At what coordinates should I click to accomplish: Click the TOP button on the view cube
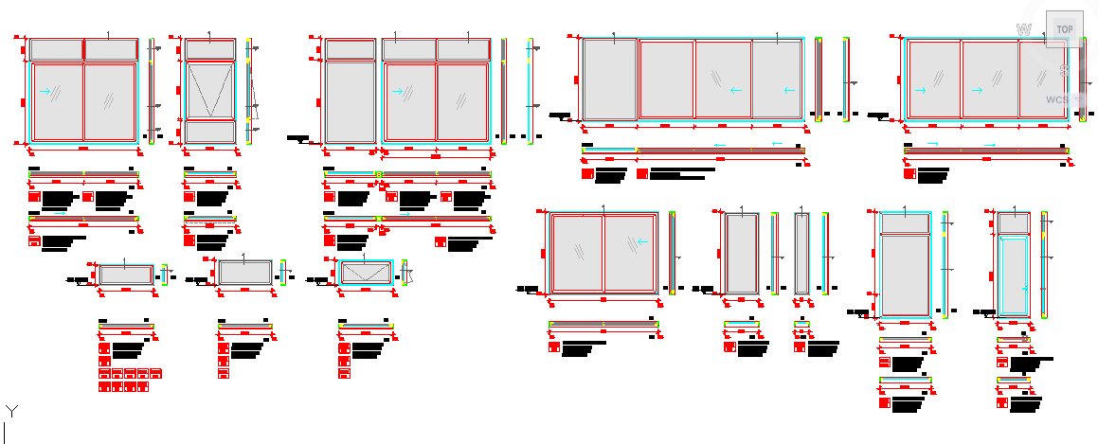[x=1065, y=29]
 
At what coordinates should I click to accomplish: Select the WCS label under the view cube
[x=1057, y=99]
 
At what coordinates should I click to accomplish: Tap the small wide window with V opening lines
[x=366, y=273]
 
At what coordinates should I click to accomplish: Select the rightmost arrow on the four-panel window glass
[x=788, y=91]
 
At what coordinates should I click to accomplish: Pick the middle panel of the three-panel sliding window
[x=990, y=80]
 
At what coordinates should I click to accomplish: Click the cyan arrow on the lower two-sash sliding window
[x=642, y=241]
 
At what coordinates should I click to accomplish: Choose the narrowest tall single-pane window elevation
[x=802, y=253]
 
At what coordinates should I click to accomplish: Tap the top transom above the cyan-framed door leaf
[x=1015, y=222]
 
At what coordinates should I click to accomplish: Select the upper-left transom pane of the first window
[x=57, y=49]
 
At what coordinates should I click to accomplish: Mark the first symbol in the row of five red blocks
[x=104, y=374]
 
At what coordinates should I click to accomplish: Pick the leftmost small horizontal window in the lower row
[x=125, y=274]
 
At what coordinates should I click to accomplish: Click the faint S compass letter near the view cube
[x=1065, y=69]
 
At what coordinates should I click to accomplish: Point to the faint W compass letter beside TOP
[x=1023, y=29]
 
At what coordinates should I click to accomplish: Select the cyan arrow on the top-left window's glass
[x=45, y=91]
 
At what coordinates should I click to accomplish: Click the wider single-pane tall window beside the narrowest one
[x=741, y=253]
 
